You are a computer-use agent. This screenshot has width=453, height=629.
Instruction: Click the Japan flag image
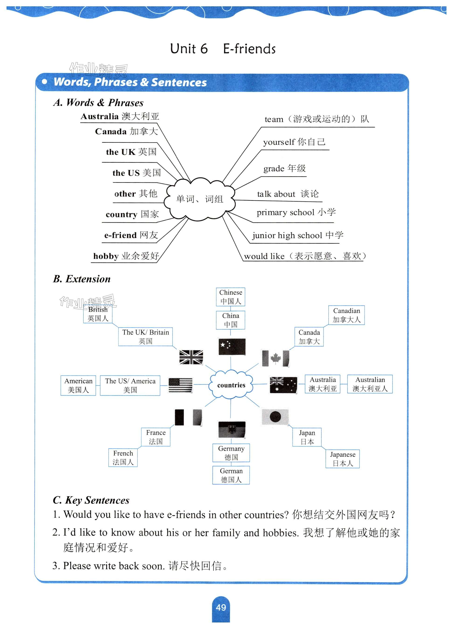coord(275,417)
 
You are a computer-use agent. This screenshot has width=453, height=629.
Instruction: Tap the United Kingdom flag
coord(191,357)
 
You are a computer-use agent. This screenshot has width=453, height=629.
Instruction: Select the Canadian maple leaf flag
coord(275,358)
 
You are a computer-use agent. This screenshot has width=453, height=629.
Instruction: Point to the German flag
coord(232,430)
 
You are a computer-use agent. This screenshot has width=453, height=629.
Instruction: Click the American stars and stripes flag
coord(180,385)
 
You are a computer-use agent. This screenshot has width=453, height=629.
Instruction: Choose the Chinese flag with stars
coord(232,346)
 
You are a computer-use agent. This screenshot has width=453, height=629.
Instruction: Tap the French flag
coord(189,417)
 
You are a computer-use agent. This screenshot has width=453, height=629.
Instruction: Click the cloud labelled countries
coord(231,385)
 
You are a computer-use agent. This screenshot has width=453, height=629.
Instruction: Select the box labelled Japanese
coord(343,459)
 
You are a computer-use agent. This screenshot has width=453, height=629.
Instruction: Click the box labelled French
coord(123,457)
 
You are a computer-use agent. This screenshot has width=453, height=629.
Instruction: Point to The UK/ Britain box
coord(145,336)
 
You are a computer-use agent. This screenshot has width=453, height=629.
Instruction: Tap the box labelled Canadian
coord(346,315)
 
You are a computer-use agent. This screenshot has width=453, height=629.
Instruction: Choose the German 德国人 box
coord(231,475)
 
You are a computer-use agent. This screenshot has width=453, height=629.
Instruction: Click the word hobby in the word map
coord(106,256)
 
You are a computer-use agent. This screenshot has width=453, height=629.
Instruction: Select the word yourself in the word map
coord(279,142)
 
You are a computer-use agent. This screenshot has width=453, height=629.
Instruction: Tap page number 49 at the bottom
coord(221,607)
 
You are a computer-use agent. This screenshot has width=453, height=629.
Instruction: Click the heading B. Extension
coord(82,279)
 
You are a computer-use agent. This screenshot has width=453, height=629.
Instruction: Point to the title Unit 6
coord(189,49)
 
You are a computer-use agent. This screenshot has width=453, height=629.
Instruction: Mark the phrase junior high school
coord(287,236)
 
